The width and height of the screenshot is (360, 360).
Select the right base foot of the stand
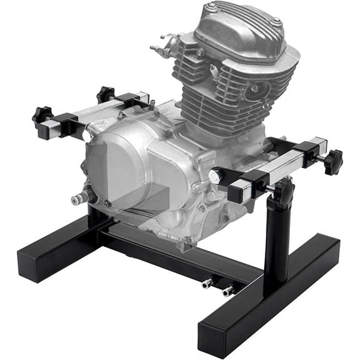(x=269, y=301)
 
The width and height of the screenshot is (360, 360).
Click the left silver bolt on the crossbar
(x=207, y=283)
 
